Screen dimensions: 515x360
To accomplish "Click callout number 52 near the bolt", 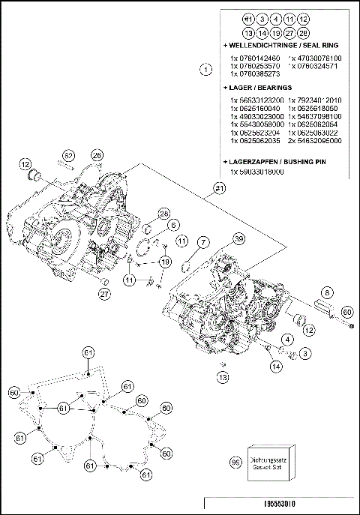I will click(69, 155).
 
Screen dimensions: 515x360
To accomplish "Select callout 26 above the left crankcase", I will click(97, 155).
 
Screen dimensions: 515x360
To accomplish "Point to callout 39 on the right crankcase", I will click(238, 239).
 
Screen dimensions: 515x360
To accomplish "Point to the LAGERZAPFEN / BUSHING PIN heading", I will click(281, 162).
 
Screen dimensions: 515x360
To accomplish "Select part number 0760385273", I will click(255, 74).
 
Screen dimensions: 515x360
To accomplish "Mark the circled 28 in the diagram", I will click(163, 212).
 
